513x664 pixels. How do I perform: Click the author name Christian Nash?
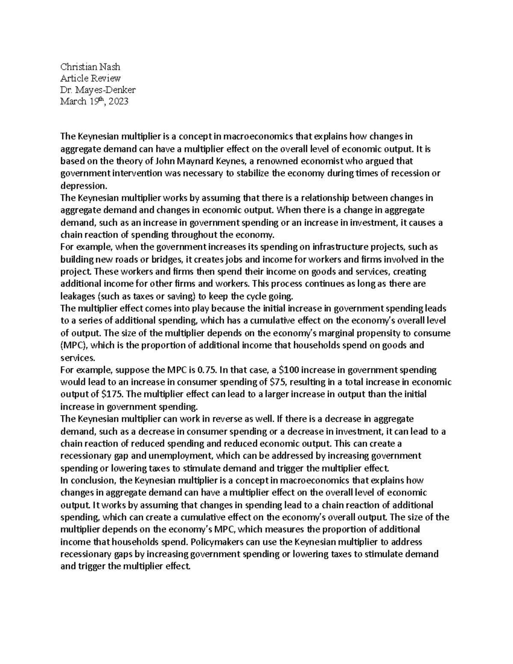pyautogui.click(x=90, y=67)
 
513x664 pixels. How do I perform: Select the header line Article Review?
pyautogui.click(x=90, y=78)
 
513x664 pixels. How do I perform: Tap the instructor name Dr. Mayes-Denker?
pyautogui.click(x=98, y=90)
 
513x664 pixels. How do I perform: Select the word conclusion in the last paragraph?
pyautogui.click(x=92, y=481)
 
